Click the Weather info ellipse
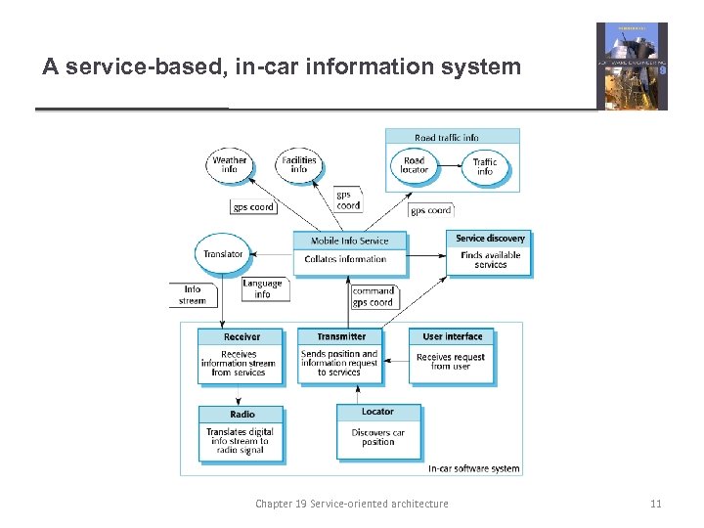point(230,164)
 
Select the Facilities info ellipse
point(299,164)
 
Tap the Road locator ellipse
point(414,164)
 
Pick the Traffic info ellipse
point(484,166)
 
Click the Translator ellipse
point(223,254)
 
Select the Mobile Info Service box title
point(349,241)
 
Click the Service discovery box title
point(490,239)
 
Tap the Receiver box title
point(242,336)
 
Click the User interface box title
point(452,336)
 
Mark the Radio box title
point(242,414)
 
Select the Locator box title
point(377,412)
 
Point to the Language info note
point(262,289)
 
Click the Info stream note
point(193,294)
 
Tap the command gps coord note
point(373,296)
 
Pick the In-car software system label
point(473,468)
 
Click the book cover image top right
point(632,66)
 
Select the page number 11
point(655,504)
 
